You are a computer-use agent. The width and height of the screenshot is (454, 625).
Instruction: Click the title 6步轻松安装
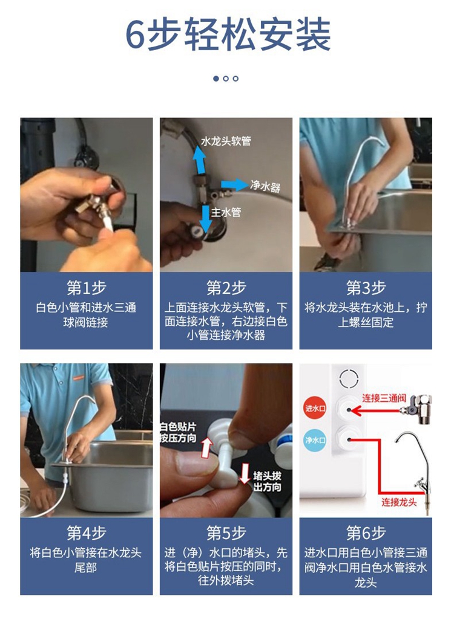228,34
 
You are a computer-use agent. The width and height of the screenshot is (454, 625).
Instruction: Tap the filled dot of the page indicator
216,79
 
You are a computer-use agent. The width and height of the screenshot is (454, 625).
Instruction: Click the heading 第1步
86,288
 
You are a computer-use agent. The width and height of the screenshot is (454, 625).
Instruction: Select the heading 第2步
226,288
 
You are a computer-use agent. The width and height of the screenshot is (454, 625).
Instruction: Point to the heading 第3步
366,288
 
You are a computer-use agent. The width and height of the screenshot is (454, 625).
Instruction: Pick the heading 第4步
86,533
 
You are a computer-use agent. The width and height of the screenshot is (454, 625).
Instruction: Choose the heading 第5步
226,533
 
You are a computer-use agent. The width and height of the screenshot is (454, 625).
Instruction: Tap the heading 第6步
366,533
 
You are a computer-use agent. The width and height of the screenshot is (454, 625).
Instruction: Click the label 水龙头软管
226,141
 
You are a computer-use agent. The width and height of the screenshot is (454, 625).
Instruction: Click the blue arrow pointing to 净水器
234,185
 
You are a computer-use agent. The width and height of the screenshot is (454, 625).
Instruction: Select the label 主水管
226,212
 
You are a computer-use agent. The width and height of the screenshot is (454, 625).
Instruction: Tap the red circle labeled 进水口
315,408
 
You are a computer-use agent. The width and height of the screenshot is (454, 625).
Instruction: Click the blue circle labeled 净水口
315,440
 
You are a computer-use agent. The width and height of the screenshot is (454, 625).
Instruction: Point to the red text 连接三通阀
384,398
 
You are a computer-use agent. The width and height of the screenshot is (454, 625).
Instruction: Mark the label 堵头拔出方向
267,482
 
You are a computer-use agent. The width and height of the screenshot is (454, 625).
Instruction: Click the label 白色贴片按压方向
178,432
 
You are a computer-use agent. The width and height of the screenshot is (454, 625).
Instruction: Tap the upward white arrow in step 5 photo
206,447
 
